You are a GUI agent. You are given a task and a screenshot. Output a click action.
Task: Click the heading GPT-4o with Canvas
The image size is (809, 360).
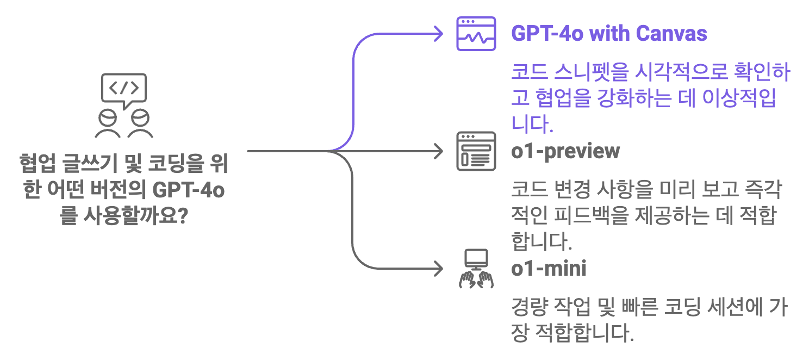pyautogui.click(x=609, y=34)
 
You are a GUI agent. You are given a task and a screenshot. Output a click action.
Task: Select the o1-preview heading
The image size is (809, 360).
pyautogui.click(x=565, y=151)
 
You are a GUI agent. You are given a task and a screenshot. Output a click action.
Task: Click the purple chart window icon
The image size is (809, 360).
pyautogui.click(x=476, y=34)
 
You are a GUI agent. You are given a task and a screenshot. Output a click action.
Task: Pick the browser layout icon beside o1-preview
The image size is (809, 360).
pyautogui.click(x=476, y=151)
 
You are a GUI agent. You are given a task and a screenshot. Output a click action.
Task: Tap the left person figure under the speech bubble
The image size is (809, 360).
pyautogui.click(x=108, y=124)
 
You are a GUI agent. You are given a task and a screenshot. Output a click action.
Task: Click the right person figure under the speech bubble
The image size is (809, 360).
pyautogui.click(x=140, y=124)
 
